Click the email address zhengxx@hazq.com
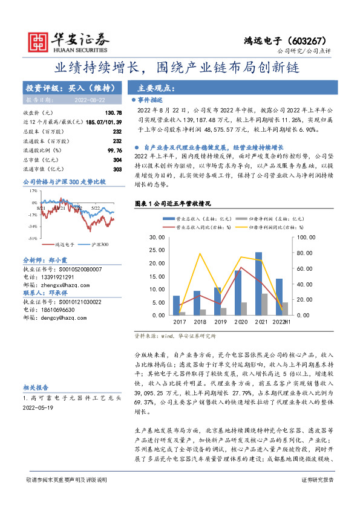tap(61, 284)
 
